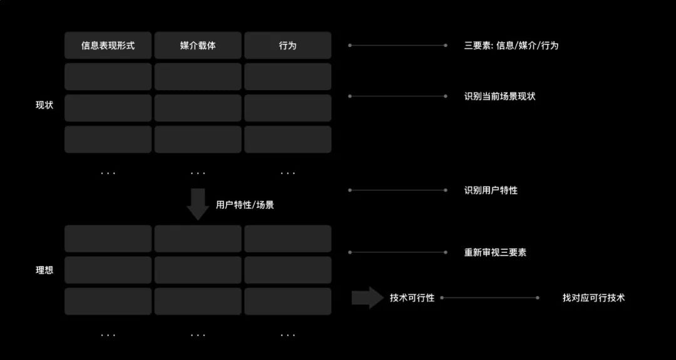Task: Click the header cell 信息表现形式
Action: tap(108, 46)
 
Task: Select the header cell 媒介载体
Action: tap(198, 46)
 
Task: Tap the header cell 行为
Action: tap(287, 46)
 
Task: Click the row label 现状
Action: tap(44, 105)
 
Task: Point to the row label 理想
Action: tap(44, 270)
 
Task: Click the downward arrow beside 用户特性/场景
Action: tap(198, 203)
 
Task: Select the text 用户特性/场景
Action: tap(245, 205)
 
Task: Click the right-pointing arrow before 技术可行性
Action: tap(367, 297)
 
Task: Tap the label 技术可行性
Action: tap(412, 298)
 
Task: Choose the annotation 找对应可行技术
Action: tap(593, 298)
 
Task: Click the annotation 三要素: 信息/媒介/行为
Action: tap(511, 46)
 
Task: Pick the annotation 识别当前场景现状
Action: tap(499, 96)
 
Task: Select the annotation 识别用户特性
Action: tap(491, 190)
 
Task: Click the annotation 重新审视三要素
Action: tap(495, 252)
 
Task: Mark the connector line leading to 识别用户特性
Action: tap(397, 190)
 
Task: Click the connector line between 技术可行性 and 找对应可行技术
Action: tap(489, 298)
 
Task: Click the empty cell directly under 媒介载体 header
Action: tap(198, 76)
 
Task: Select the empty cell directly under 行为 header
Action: tap(287, 76)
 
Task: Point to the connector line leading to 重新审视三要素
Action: tap(397, 252)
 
